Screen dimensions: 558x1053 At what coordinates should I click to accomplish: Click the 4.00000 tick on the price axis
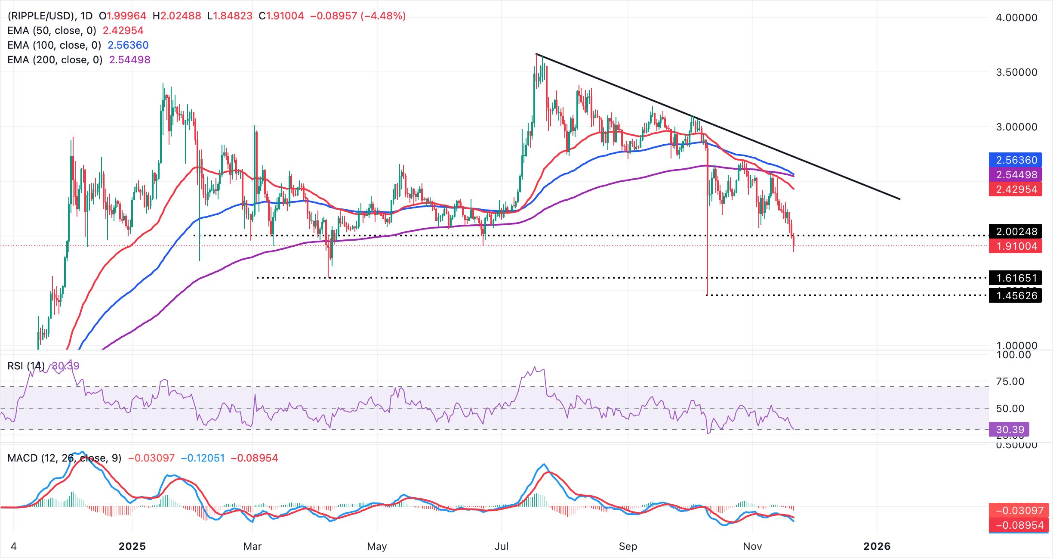pyautogui.click(x=1016, y=18)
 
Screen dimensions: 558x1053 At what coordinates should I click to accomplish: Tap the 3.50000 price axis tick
pyautogui.click(x=1016, y=72)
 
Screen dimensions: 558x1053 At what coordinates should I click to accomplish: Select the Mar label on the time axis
pyautogui.click(x=252, y=546)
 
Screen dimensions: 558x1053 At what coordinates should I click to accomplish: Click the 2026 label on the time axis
pyautogui.click(x=877, y=546)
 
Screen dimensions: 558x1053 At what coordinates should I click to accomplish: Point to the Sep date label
pyautogui.click(x=628, y=546)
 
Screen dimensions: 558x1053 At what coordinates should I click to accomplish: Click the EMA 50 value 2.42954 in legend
pyautogui.click(x=123, y=31)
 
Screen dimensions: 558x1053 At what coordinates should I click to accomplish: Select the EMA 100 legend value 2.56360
pyautogui.click(x=128, y=45)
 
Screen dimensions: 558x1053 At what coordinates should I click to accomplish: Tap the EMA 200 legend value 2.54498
pyautogui.click(x=129, y=60)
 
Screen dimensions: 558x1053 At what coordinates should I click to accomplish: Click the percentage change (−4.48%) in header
pyautogui.click(x=383, y=16)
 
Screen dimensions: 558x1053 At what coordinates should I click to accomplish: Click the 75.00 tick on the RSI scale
pyautogui.click(x=1010, y=381)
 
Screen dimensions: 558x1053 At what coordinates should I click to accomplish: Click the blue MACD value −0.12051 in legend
pyautogui.click(x=203, y=458)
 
